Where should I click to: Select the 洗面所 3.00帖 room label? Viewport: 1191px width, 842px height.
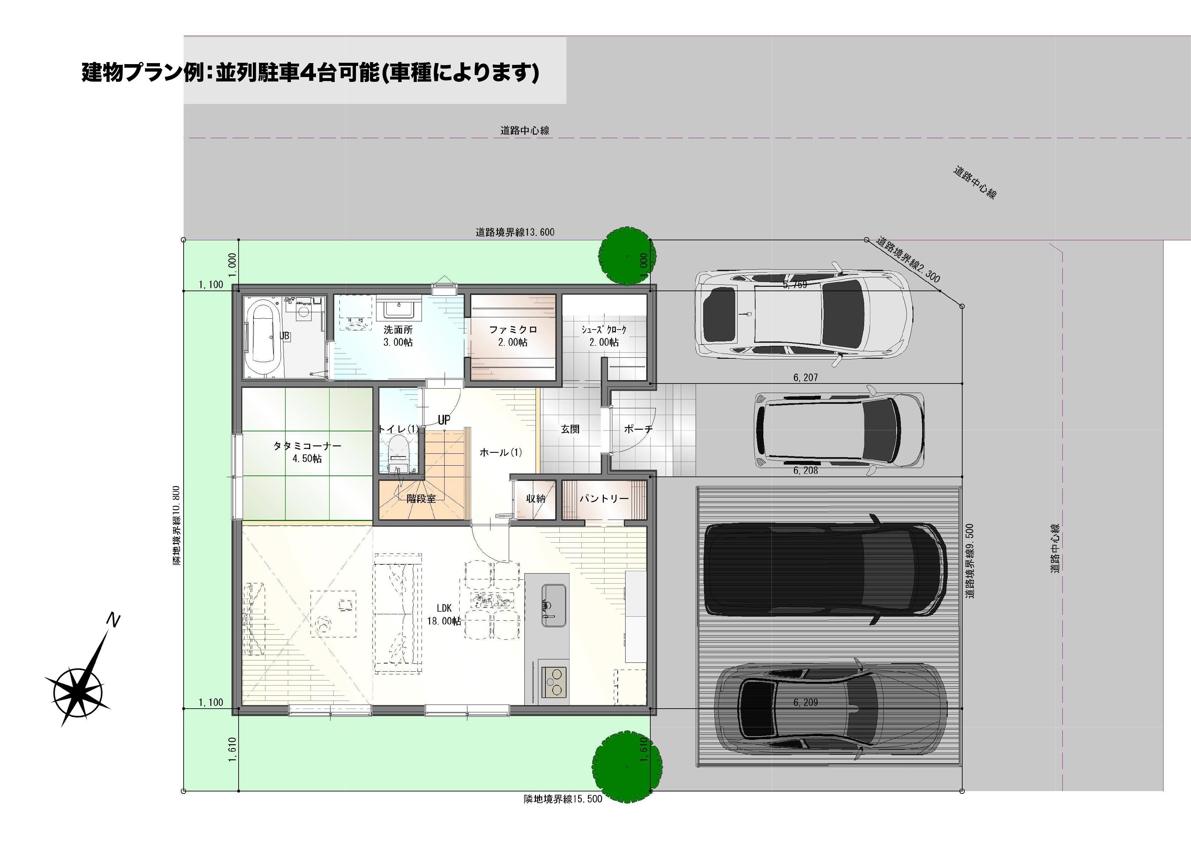click(x=398, y=336)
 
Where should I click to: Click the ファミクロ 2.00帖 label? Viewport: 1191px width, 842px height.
click(x=513, y=336)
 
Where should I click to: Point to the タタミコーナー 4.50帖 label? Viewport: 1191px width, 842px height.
click(x=307, y=452)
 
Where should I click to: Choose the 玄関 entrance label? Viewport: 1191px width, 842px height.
click(x=570, y=429)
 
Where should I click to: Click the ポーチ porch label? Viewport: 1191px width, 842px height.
click(x=638, y=429)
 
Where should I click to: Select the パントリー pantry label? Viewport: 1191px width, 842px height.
click(x=604, y=499)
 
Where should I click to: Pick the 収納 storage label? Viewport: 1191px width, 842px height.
click(x=536, y=499)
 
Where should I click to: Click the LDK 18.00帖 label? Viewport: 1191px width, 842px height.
click(x=444, y=614)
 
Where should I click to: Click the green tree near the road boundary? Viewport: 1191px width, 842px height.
click(x=627, y=256)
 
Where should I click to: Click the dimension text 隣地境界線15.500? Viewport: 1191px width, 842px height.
click(x=563, y=799)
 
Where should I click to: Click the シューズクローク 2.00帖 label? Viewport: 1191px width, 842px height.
click(x=604, y=336)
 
